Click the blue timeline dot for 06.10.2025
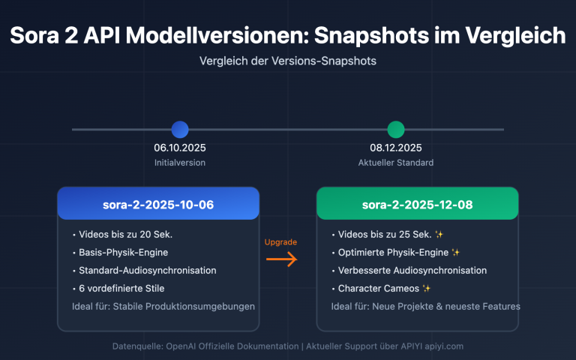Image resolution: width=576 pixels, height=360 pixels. click(x=180, y=130)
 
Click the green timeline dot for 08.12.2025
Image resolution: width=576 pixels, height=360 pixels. click(x=396, y=130)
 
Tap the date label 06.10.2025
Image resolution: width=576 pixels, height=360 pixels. click(x=180, y=148)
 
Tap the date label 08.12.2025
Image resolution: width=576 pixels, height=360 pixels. click(x=396, y=148)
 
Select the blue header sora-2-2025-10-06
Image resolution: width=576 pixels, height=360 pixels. click(x=158, y=204)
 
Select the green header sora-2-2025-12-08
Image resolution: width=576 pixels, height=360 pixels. click(x=417, y=204)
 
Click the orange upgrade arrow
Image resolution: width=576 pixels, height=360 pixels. click(x=282, y=259)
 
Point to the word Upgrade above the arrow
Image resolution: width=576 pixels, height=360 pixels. click(x=281, y=242)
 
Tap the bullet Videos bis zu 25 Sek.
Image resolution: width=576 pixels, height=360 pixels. click(x=382, y=234)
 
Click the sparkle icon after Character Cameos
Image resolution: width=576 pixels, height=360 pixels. click(x=426, y=288)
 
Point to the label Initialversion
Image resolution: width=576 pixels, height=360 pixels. click(x=180, y=162)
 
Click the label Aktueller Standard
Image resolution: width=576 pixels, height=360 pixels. click(x=396, y=162)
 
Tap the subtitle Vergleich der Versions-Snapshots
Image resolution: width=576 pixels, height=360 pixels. click(x=288, y=61)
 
